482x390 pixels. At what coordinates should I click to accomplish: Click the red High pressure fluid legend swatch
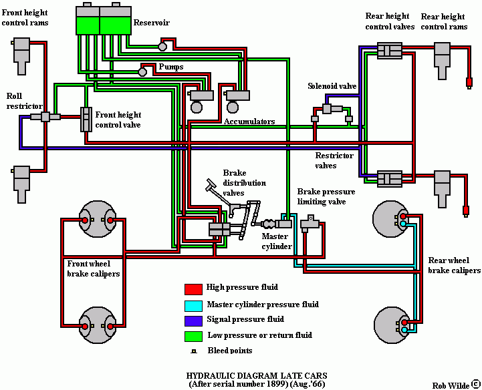pos(193,289)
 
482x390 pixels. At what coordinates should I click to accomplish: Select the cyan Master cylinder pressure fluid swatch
pos(193,306)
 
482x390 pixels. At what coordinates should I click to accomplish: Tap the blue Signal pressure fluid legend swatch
pos(193,321)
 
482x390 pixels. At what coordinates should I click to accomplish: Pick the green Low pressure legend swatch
pos(193,337)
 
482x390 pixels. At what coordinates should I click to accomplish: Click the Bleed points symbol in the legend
pos(194,351)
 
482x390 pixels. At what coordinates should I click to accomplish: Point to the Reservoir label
pos(151,23)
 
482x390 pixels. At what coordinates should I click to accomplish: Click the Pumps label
pos(171,67)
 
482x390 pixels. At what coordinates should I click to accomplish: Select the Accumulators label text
pos(249,122)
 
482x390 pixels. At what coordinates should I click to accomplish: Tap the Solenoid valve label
pos(332,86)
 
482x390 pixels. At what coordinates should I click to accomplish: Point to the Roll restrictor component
pos(45,117)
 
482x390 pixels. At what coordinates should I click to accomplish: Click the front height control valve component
pos(86,120)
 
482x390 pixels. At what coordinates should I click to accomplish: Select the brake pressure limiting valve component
pos(310,223)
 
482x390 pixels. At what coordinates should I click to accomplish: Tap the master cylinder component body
pos(283,224)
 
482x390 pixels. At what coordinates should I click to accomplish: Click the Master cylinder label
pos(277,241)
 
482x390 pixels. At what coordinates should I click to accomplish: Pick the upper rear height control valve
pos(390,50)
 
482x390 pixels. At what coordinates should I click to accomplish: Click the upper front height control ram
pos(21,56)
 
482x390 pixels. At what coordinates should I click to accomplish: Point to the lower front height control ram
pos(21,184)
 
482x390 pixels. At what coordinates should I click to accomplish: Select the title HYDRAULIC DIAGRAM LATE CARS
pos(257,375)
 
